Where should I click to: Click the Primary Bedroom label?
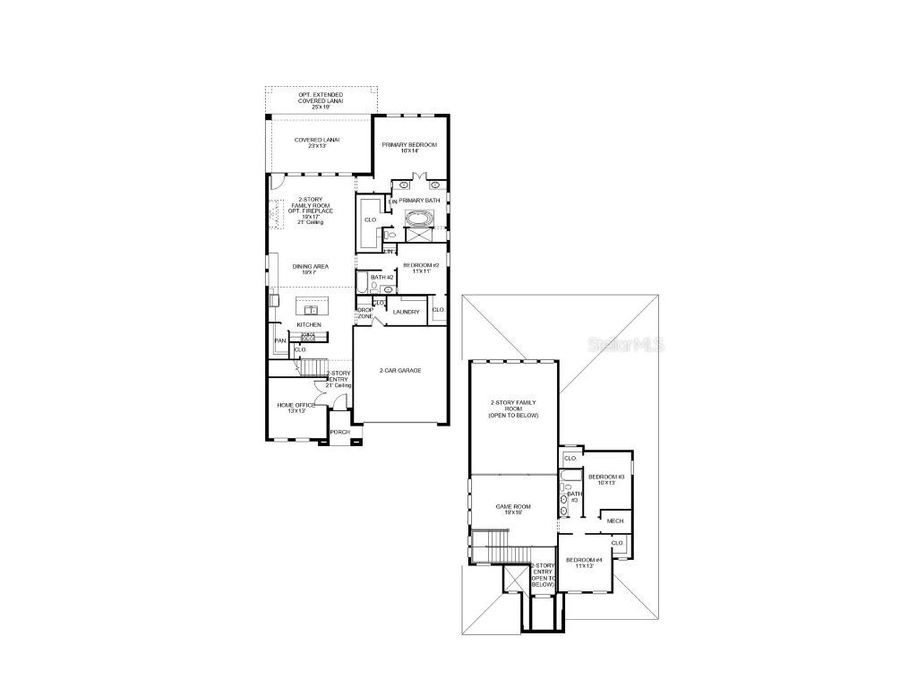[409, 148]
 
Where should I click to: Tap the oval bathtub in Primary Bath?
[417, 218]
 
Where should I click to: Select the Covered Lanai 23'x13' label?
[317, 143]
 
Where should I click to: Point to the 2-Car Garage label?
[399, 370]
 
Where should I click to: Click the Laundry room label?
[406, 312]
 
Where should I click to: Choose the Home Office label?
[296, 408]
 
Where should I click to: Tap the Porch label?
[339, 432]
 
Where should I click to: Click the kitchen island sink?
[313, 305]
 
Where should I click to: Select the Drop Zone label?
[365, 314]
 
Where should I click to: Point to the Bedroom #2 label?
[420, 268]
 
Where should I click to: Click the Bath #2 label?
[382, 278]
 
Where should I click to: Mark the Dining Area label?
[310, 268]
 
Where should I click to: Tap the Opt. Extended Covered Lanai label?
[321, 100]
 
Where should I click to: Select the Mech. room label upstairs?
[614, 520]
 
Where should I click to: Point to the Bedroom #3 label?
[605, 479]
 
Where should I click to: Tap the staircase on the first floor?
[311, 366]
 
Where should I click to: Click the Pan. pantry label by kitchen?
[280, 340]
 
